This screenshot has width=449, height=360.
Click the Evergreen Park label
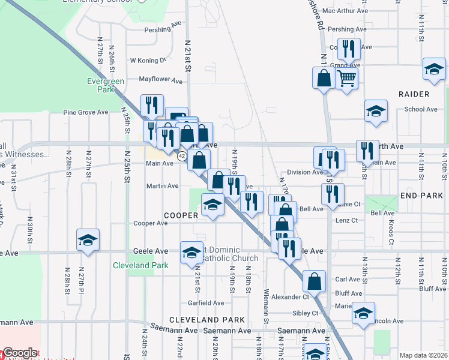pyautogui.click(x=105, y=85)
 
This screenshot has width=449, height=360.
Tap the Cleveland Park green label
pyautogui.click(x=131, y=265)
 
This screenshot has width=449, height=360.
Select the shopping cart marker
pyautogui.click(x=346, y=77)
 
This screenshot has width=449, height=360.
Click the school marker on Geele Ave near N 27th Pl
pyautogui.click(x=88, y=241)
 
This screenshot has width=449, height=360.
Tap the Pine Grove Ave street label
pyautogui.click(x=86, y=112)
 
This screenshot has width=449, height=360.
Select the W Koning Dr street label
pyautogui.click(x=148, y=60)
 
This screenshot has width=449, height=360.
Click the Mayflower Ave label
pyautogui.click(x=160, y=80)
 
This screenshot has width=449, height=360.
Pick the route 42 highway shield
pyautogui.click(x=181, y=156)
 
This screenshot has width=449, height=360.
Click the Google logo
pyautogui.click(x=20, y=353)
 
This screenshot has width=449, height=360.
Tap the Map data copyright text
pyautogui.click(x=424, y=355)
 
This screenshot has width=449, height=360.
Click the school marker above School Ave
pyautogui.click(x=376, y=111)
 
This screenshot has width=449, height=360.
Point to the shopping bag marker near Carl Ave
pyautogui.click(x=314, y=280)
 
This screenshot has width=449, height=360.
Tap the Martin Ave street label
pyautogui.click(x=163, y=186)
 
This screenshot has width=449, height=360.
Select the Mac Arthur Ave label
pyautogui.click(x=345, y=11)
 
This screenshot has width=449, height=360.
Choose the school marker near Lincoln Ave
pyautogui.click(x=363, y=313)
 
